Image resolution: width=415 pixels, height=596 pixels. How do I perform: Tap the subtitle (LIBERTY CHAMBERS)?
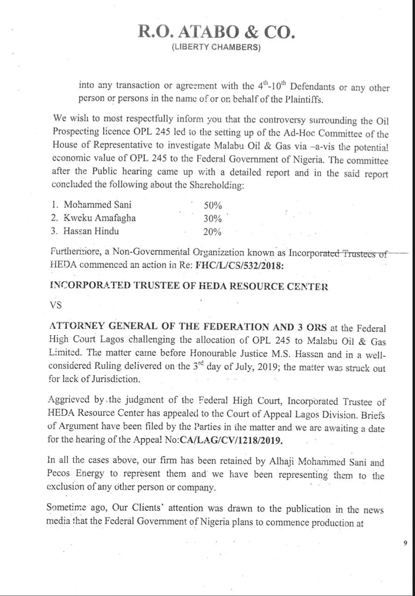[x=216, y=48]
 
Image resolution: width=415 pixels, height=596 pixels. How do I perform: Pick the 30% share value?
[x=213, y=219]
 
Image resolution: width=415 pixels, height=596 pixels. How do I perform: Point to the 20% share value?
[x=213, y=232]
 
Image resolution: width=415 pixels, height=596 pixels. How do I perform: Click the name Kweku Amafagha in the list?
[x=100, y=218]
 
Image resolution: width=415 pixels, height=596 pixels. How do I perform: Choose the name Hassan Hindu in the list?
[x=91, y=231]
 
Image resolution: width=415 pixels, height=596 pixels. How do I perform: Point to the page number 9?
[x=405, y=543]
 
